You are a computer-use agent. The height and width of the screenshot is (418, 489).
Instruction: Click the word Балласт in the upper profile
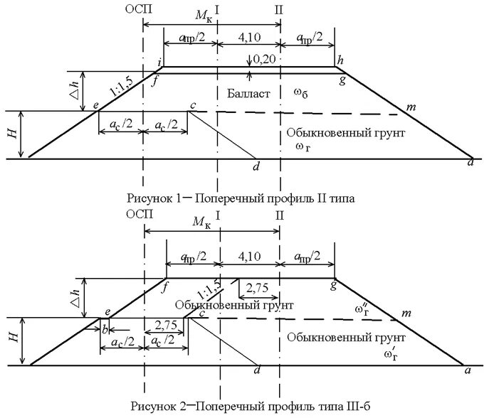[248, 94]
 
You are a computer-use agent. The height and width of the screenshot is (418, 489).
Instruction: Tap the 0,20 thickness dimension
[264, 62]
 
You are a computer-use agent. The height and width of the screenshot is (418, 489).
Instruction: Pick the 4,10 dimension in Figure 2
[250, 255]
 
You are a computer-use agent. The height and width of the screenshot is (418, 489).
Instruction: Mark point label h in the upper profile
[340, 60]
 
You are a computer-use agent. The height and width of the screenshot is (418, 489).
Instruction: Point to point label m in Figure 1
[409, 106]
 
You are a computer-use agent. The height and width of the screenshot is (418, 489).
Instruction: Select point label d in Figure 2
[256, 372]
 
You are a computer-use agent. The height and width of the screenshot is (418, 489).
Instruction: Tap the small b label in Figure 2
[104, 330]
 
